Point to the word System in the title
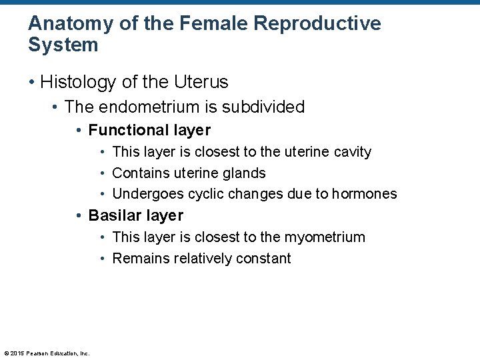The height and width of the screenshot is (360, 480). coord(63,45)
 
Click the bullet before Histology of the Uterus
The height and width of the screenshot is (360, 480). coord(32,83)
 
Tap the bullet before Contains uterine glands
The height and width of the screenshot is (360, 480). coord(104,173)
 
